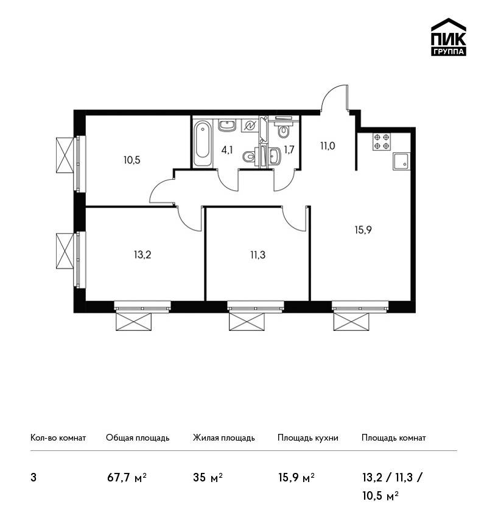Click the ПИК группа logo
449,37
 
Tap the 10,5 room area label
132,160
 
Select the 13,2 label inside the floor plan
142,255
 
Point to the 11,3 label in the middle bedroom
258,255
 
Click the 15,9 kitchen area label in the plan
363,230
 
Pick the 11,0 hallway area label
328,146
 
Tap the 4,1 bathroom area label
227,151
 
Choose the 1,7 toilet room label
289,151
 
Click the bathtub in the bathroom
202,144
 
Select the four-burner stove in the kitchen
382,142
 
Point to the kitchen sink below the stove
402,161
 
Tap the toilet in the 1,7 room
284,131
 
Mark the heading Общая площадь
138,438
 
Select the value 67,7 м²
127,477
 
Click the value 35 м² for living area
208,477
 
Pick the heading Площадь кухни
308,438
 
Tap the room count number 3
33,478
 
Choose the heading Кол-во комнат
58,438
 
